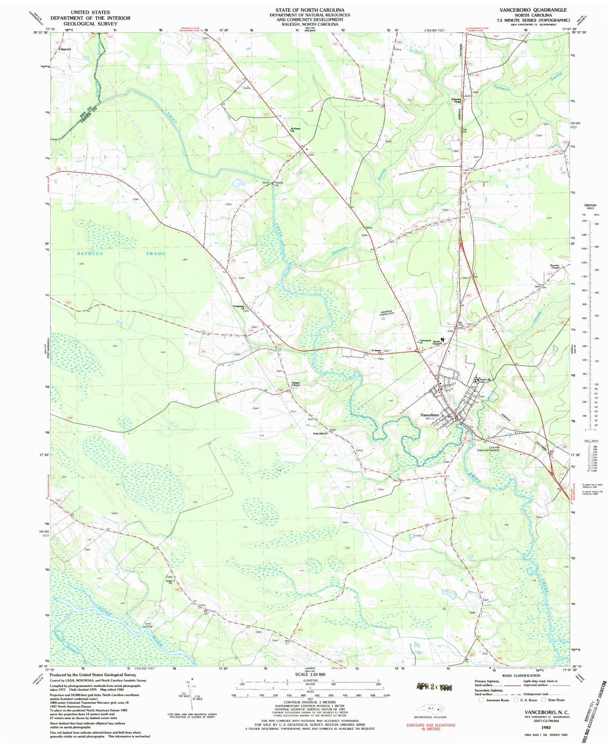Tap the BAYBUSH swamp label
coord(90,253)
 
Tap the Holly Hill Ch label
coord(319,433)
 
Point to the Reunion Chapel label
coord(555,267)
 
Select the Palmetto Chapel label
coord(457,101)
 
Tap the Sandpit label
coord(418,535)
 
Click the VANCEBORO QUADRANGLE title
coord(533,10)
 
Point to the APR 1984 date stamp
coord(434,686)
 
